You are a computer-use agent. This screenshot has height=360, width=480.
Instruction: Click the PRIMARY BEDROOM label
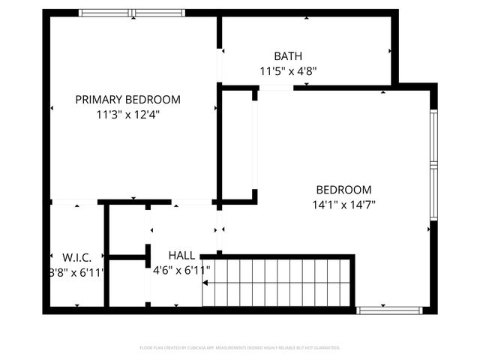coord(127,99)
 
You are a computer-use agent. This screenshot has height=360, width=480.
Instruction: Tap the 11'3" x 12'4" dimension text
coord(127,115)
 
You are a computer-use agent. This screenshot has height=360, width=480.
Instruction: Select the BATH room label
coord(288,56)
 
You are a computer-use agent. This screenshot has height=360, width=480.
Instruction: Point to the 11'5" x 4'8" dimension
coord(288,72)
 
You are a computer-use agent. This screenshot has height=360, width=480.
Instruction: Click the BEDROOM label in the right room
coord(343,190)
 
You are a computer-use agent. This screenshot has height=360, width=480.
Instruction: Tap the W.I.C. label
coord(76,256)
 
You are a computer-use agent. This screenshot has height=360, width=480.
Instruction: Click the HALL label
coord(182,255)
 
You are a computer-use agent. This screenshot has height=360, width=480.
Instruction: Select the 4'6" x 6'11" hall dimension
coord(181,270)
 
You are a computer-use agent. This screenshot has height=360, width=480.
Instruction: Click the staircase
coord(277,283)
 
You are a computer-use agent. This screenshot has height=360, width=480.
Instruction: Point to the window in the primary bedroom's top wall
coord(132,13)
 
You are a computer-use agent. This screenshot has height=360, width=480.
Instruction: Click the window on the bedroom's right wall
coord(433,165)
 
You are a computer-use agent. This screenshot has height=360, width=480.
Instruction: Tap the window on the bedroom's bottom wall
coord(388,310)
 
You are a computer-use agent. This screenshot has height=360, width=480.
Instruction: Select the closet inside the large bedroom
coord(238,144)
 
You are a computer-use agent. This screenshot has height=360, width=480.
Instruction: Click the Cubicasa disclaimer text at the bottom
coord(240,348)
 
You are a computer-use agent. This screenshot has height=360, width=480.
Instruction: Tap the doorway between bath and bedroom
coord(276,88)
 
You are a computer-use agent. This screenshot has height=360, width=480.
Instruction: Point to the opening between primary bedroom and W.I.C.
coord(74,202)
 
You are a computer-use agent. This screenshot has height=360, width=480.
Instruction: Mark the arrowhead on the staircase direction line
coord(205,283)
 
